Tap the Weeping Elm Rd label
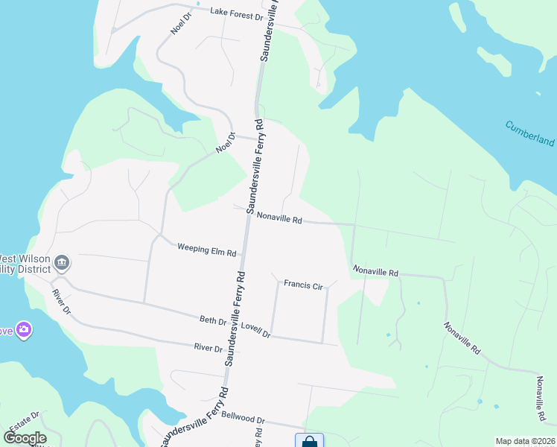pos(206,250)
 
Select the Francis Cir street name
pos(302,284)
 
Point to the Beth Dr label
pos(212,320)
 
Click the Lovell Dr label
pos(255,331)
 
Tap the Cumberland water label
pos(530,133)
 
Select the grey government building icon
pos(62,262)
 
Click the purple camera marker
pos(25,329)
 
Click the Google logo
pos(25,438)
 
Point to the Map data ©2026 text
pos(525,441)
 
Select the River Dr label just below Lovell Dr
pos(208,348)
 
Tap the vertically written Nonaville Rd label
pos(540,401)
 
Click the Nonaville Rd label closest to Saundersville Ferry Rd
pos(278,219)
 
